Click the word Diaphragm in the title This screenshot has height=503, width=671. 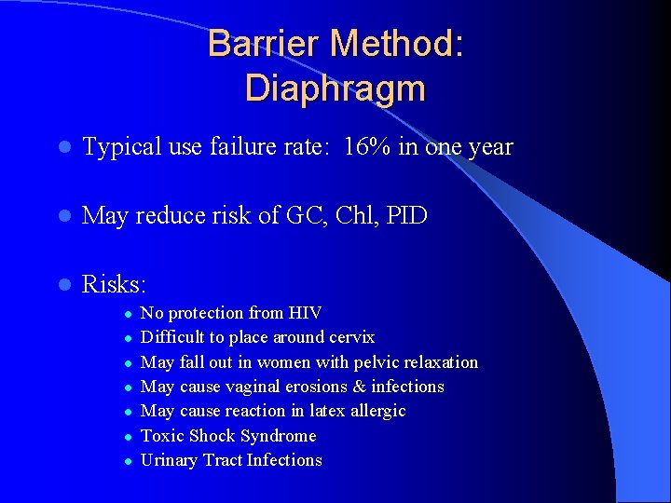335,88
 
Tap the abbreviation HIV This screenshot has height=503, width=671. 306,313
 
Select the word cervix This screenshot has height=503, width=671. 350,337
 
